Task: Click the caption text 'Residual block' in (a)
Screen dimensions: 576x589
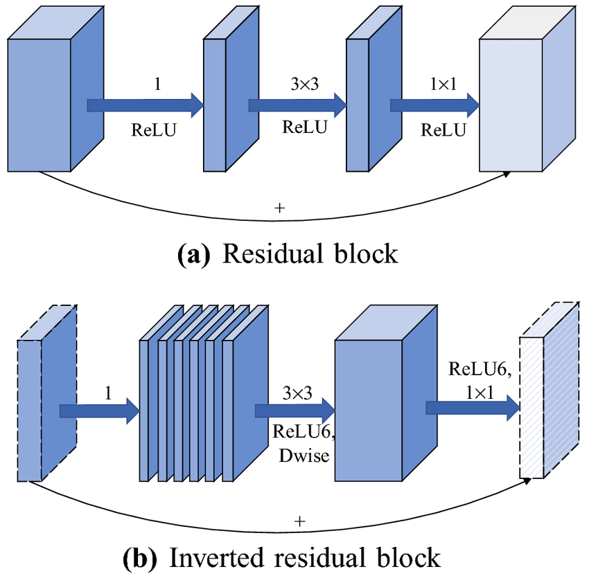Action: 310,253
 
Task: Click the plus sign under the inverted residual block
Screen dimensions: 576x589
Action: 299,521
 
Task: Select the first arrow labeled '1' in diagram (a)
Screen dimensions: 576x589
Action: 144,105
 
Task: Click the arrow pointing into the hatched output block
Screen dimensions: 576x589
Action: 472,409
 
